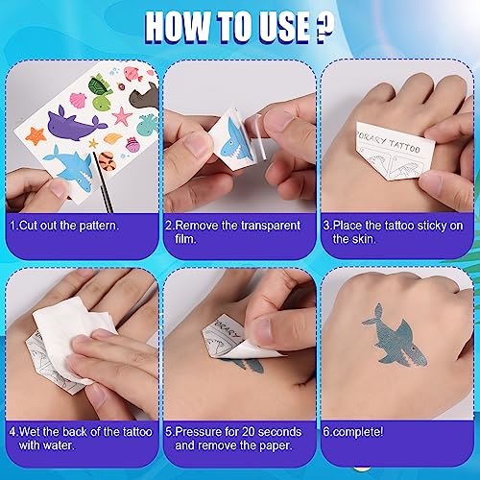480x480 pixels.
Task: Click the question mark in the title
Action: (324, 28)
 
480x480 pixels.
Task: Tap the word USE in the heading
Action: (283, 28)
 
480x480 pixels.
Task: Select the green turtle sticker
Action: (99, 84)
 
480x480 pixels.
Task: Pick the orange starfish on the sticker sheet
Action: (36, 135)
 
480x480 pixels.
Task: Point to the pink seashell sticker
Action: (78, 100)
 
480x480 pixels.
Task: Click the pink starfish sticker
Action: (122, 116)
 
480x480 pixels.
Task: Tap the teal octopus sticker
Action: (148, 124)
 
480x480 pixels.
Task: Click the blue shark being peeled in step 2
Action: (235, 140)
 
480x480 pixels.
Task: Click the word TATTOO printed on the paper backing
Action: (404, 146)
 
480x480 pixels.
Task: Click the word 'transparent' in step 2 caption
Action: (271, 226)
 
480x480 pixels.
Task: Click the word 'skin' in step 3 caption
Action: (364, 239)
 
